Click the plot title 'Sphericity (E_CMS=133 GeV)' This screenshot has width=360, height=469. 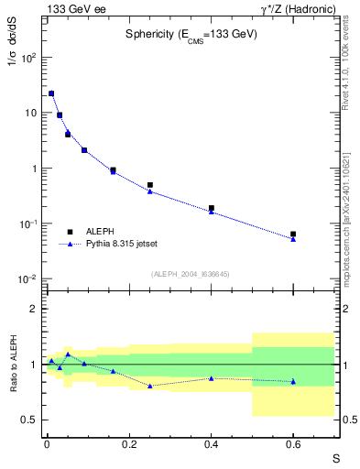(191, 34)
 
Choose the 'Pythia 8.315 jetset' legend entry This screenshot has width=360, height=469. (123, 245)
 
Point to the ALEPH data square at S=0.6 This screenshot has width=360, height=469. (293, 234)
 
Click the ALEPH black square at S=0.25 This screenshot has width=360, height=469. (150, 185)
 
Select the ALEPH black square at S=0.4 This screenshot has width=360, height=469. (212, 208)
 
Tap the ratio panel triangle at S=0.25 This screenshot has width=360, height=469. (150, 386)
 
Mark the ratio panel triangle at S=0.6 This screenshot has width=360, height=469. (293, 381)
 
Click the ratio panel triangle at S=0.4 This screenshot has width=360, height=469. (212, 378)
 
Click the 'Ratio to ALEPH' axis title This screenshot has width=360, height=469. (12, 365)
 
